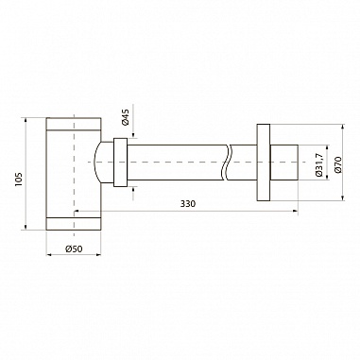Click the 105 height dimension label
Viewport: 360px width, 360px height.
tap(18, 179)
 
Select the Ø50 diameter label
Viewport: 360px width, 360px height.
tap(74, 249)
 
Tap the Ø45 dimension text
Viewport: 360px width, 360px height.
tap(126, 117)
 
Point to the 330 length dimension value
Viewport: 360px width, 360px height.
tap(188, 204)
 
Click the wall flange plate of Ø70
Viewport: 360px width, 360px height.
tap(264, 163)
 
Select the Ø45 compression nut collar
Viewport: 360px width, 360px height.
tap(120, 163)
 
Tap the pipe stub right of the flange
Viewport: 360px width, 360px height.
tap(283, 163)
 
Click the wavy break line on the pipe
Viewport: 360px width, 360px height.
tap(229, 163)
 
